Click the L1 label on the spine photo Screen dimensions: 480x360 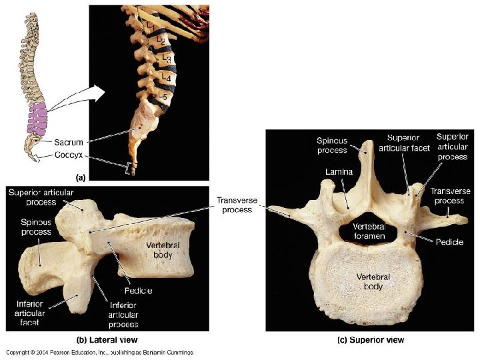pyautogui.click(x=151, y=25)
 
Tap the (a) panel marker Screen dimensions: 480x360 pyautogui.click(x=81, y=177)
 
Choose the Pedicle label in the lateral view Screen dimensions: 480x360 pyautogui.click(x=138, y=291)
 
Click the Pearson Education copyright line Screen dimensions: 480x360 pyautogui.click(x=100, y=352)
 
